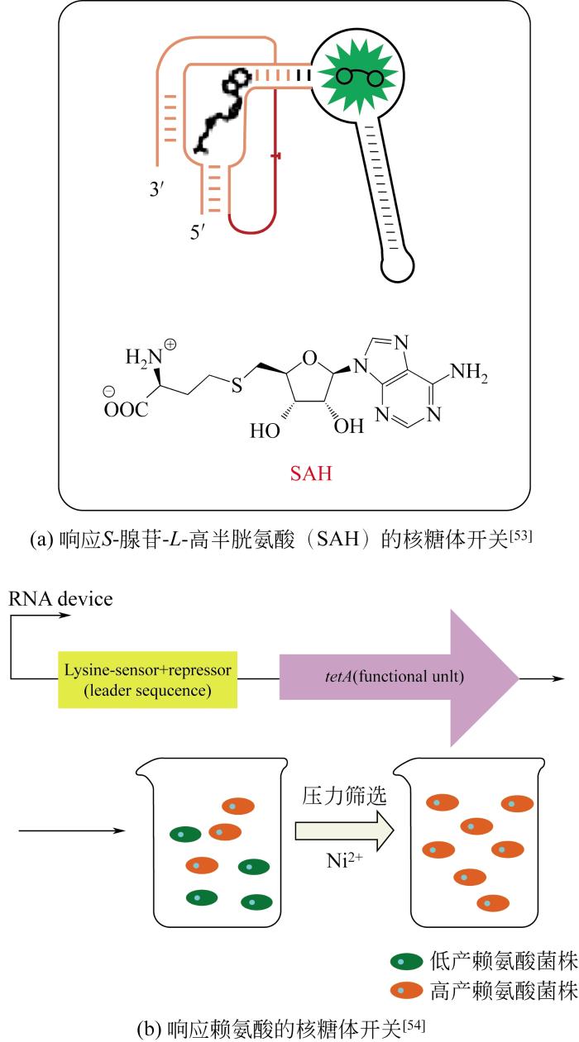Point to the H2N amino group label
coord(141,358)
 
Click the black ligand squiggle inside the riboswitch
coord(221,112)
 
